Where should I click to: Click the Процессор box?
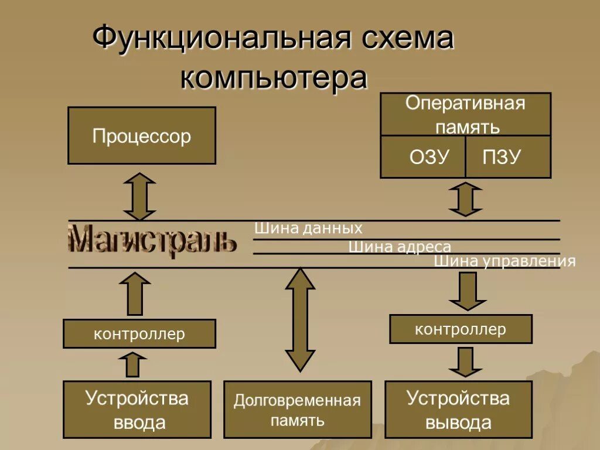pyautogui.click(x=142, y=135)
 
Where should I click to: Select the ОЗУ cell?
pyautogui.click(x=423, y=157)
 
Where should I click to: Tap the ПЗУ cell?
pyautogui.click(x=508, y=157)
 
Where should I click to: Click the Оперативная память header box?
pyautogui.click(x=466, y=115)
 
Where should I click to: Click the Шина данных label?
pyautogui.click(x=308, y=229)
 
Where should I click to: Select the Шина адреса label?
pyautogui.click(x=400, y=247)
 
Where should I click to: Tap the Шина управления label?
pyautogui.click(x=504, y=261)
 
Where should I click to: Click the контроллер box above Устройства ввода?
pyautogui.click(x=139, y=334)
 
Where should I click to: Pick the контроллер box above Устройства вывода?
pyautogui.click(x=461, y=329)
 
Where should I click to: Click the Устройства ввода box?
pyautogui.click(x=137, y=410)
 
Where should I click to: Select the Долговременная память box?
pyautogui.click(x=297, y=410)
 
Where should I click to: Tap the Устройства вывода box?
pyautogui.click(x=458, y=410)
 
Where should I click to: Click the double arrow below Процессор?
pyautogui.click(x=140, y=196)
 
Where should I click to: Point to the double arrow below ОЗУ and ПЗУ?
pyautogui.click(x=465, y=199)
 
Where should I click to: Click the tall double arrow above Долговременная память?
pyautogui.click(x=300, y=319)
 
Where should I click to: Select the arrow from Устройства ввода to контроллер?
pyautogui.click(x=134, y=364)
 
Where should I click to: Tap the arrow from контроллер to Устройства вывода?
pyautogui.click(x=465, y=362)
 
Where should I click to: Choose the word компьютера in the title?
pyautogui.click(x=274, y=78)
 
